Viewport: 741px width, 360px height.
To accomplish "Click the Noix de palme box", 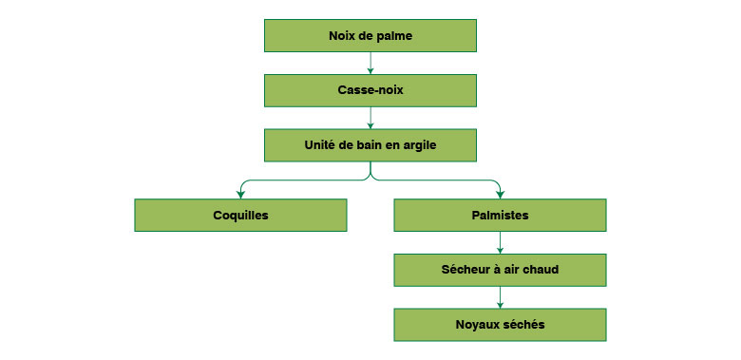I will click(370, 35).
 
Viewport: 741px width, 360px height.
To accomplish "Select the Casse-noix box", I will click(370, 90).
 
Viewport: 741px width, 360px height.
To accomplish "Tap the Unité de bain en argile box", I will click(370, 145).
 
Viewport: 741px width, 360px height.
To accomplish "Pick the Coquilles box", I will click(240, 215).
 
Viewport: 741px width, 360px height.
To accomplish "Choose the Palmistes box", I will click(500, 215).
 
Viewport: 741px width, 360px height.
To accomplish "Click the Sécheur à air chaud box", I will click(500, 270).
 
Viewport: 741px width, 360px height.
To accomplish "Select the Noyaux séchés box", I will click(500, 325).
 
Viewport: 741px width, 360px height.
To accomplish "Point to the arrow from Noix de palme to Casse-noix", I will click(370, 63).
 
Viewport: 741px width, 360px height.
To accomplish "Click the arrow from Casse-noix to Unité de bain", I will click(370, 118).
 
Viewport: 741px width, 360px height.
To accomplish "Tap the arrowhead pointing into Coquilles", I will click(241, 194).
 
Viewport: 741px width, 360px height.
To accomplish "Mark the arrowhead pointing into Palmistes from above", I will click(500, 194).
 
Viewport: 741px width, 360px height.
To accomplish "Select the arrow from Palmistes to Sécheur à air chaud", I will click(500, 242).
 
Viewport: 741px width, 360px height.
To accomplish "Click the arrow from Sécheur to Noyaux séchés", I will click(500, 297).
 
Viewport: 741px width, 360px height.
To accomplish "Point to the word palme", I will click(393, 35).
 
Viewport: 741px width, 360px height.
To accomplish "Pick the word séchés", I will click(525, 325).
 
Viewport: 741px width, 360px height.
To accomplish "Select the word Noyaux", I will click(477, 325).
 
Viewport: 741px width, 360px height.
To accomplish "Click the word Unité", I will click(321, 145).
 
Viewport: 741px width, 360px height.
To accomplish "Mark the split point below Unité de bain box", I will click(370, 177).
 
